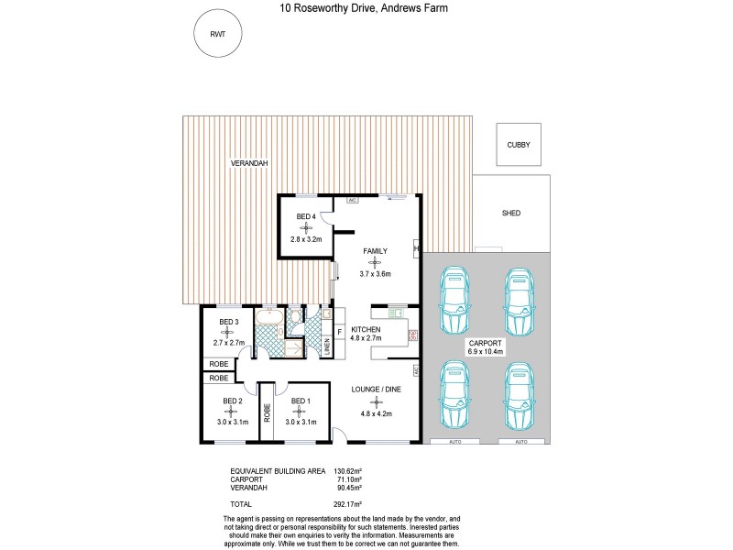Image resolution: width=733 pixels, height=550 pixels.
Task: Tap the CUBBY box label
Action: click(519, 146)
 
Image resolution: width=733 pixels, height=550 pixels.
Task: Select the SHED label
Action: click(510, 213)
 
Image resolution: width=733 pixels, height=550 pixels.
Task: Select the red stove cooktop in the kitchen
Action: click(412, 335)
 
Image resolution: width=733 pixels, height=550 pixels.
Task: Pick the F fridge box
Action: click(340, 330)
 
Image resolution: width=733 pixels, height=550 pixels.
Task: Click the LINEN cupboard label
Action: click(327, 346)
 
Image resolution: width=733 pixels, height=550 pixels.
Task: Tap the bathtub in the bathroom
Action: click(268, 318)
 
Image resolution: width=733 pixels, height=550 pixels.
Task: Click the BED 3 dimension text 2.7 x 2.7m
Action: click(230, 342)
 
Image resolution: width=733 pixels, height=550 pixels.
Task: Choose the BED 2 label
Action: click(232, 401)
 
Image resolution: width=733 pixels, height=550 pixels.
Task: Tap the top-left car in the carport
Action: click(454, 301)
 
